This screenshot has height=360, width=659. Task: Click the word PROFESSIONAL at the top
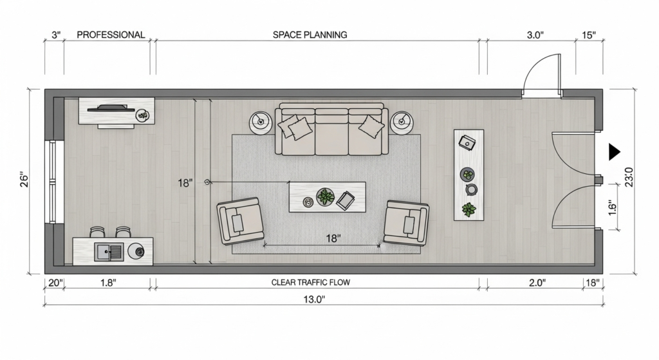pos(111,35)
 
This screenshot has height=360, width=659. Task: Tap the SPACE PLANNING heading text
pos(310,35)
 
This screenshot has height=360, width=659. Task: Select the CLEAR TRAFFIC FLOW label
pos(311,282)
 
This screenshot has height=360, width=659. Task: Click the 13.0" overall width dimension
pos(315,299)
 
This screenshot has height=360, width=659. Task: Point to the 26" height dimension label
pos(24,179)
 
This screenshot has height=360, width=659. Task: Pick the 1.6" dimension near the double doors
pos(612,208)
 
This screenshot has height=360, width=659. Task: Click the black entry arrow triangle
pos(614,152)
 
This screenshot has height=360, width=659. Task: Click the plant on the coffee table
pos(325,196)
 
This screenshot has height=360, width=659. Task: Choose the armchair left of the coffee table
pos(240,221)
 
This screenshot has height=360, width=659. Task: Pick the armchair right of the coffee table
pos(407,223)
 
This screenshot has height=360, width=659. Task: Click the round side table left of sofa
pos(261,122)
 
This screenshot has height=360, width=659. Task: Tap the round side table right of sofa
pos(402,122)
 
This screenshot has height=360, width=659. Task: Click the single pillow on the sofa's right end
pos(371,126)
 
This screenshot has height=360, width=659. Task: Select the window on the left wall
pos(53,182)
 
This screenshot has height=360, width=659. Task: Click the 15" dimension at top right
pos(589,35)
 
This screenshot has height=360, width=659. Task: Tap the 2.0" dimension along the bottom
pos(537,283)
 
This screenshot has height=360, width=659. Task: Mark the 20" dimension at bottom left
pos(55,283)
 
